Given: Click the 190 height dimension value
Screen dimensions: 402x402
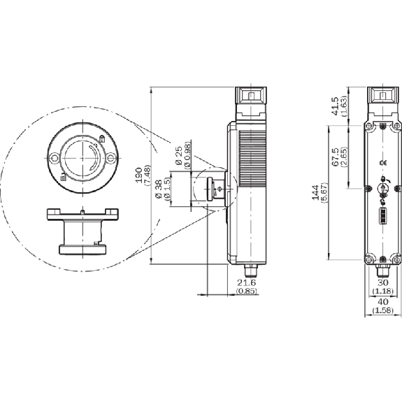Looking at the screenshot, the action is click(x=138, y=175).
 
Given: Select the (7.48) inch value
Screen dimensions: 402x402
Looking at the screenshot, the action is click(x=148, y=175).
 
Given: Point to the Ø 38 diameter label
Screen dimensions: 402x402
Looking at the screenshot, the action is click(x=159, y=189).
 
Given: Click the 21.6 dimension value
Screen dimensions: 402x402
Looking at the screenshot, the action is click(x=246, y=282).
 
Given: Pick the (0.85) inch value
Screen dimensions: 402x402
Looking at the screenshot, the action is click(x=246, y=291).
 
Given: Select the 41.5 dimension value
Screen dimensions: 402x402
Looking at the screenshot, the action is click(x=335, y=106).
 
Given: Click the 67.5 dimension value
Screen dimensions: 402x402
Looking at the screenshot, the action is click(x=335, y=157).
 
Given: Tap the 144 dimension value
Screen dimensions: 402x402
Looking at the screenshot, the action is click(x=315, y=192).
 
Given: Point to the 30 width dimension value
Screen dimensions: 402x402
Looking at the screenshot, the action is click(x=383, y=282).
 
